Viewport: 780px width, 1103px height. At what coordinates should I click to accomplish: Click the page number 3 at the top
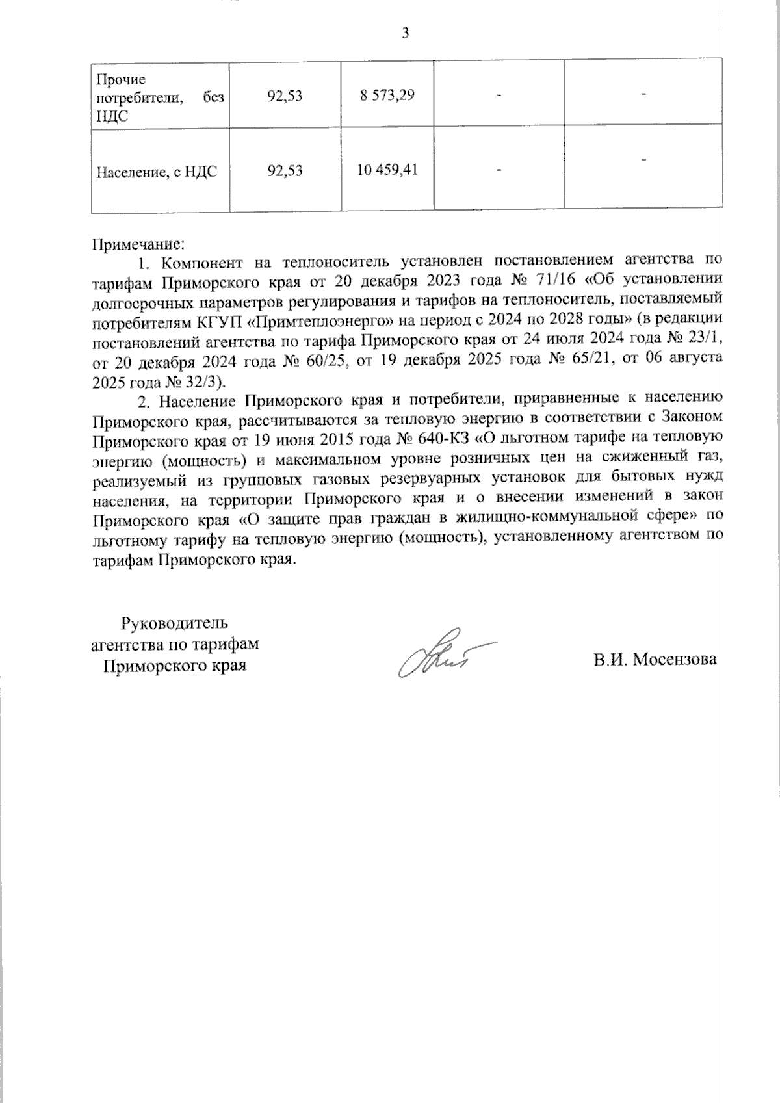406,33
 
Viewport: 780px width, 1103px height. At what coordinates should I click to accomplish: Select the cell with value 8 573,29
387,95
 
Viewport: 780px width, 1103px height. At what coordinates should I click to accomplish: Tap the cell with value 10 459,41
387,170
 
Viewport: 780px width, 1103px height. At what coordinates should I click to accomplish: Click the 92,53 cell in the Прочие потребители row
285,96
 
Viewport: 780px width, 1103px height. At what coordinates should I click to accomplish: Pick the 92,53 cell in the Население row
285,171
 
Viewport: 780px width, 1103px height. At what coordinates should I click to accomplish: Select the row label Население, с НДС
157,172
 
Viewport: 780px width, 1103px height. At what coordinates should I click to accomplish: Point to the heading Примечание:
140,246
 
